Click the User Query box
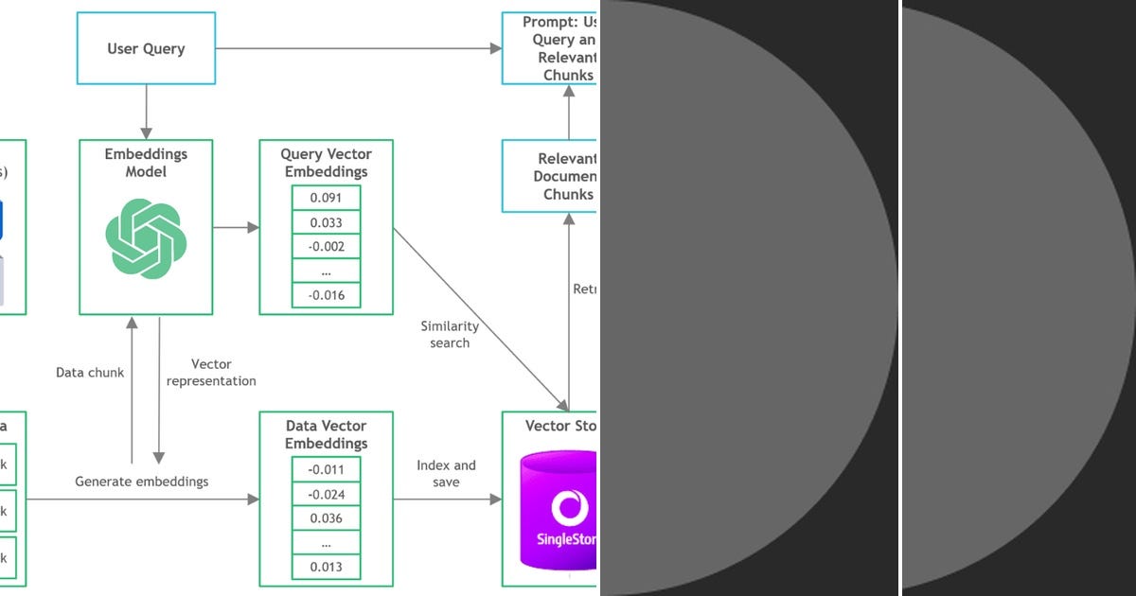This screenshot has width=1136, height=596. [146, 48]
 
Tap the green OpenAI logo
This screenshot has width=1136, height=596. [146, 238]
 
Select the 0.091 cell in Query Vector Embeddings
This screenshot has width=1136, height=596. [326, 199]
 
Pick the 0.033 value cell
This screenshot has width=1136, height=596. [326, 223]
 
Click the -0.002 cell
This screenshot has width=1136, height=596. [326, 247]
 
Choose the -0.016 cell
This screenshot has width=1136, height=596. [326, 295]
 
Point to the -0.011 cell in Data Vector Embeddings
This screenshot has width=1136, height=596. [326, 470]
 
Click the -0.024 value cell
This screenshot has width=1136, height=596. [326, 495]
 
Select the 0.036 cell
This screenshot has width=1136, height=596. [326, 518]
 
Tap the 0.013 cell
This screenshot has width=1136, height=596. [326, 567]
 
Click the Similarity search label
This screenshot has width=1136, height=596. [450, 334]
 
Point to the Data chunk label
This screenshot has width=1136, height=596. [90, 373]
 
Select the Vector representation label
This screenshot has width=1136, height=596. [210, 373]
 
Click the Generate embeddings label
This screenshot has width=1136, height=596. [142, 482]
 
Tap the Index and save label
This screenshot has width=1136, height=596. [446, 473]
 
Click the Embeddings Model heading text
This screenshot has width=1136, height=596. [146, 163]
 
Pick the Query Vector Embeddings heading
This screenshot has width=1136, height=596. [326, 163]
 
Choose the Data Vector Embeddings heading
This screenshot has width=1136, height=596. [326, 434]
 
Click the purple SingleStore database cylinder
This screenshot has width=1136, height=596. [559, 516]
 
